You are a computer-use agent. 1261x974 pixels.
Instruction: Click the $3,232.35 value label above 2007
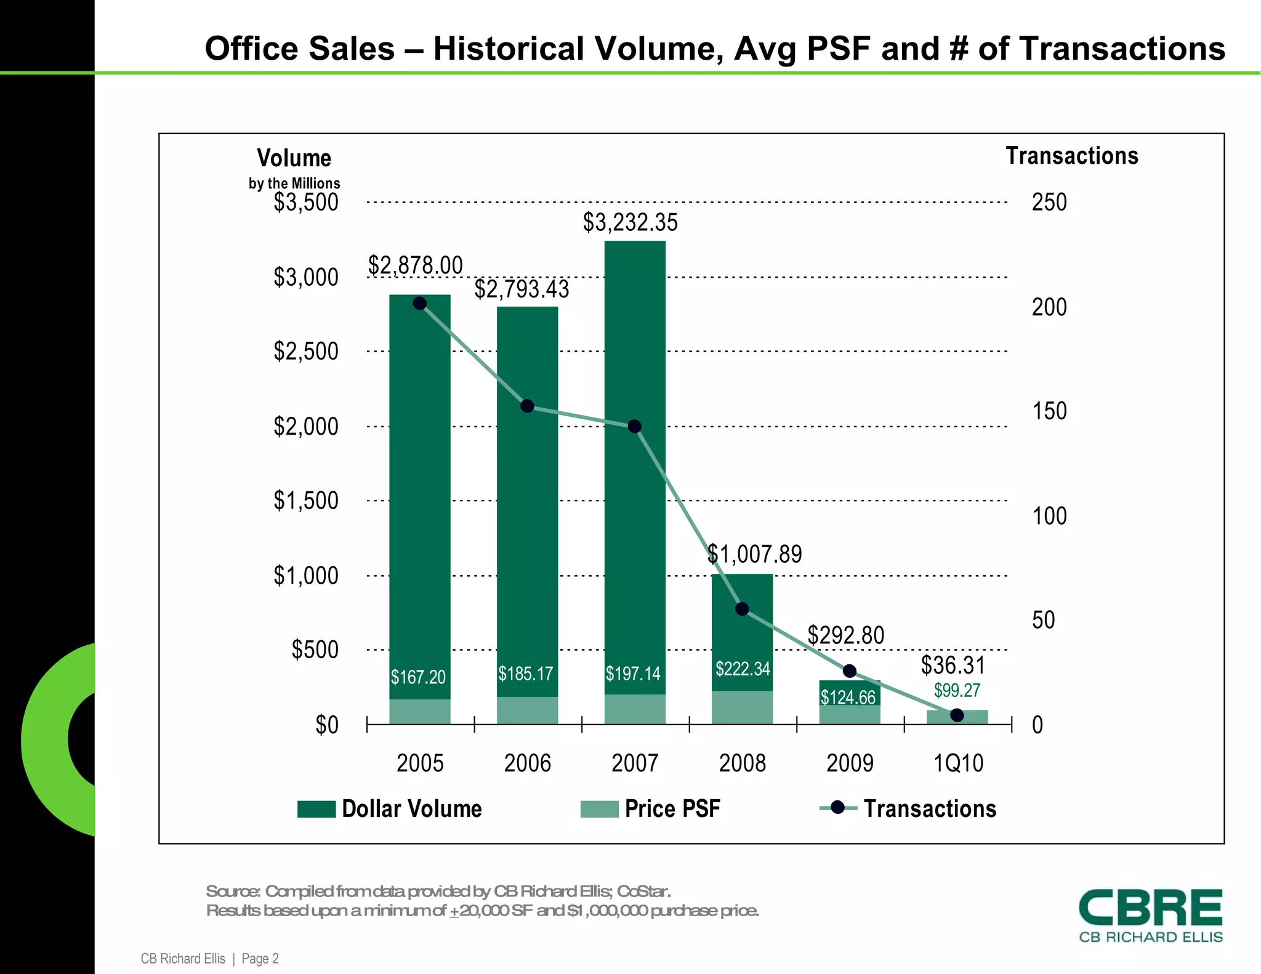point(630,222)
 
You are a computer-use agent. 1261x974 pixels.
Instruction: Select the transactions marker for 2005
point(420,304)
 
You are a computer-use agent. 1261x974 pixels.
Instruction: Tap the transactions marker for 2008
point(742,609)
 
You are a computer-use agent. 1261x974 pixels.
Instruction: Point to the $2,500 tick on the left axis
point(306,352)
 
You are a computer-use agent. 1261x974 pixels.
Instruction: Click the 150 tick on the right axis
point(1049,411)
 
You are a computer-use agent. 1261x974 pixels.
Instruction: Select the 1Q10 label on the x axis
point(958,763)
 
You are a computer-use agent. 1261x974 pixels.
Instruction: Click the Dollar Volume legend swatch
point(316,809)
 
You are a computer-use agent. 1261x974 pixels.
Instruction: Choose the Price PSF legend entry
point(672,809)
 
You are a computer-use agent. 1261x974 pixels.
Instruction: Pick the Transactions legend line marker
point(837,808)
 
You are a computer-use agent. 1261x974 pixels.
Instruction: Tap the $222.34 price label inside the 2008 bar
point(742,669)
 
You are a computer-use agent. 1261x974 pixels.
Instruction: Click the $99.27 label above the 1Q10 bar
point(957,690)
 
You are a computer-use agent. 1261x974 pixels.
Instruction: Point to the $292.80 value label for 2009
point(845,635)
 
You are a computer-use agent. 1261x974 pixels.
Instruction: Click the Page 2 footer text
point(260,959)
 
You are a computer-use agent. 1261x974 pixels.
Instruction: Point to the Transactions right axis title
point(1071,156)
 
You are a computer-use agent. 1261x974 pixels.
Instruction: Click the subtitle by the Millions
point(294,183)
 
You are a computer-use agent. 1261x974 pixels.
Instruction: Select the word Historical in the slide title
point(508,49)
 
